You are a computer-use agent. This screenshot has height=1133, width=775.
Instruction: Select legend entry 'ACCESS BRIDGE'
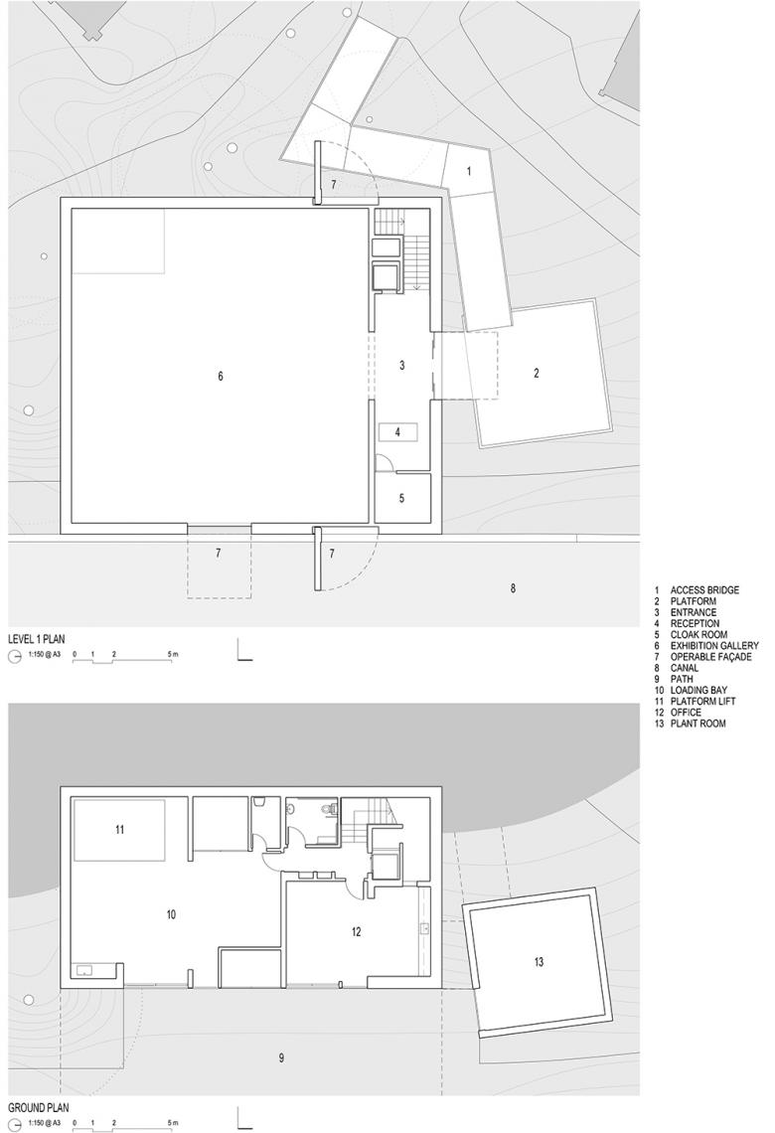704,590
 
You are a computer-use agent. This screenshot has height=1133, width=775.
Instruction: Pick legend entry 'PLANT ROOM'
697,724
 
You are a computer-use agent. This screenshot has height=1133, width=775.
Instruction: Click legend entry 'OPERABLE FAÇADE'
710,657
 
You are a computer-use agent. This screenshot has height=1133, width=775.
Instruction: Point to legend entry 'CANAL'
684,668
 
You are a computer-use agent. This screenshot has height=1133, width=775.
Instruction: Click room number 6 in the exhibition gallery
221,376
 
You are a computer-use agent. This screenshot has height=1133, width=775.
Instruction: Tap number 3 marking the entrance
402,366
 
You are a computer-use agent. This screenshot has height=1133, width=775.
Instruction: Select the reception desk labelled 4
398,432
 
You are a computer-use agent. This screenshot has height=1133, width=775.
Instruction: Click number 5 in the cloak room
401,499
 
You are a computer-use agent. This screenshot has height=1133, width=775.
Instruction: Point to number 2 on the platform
536,374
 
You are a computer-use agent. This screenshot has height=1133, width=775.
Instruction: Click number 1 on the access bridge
469,171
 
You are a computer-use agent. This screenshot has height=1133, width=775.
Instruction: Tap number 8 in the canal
513,588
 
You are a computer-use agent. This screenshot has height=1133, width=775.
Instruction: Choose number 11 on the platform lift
120,830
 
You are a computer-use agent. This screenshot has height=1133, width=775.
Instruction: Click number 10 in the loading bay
171,914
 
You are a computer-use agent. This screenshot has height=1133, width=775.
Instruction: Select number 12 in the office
356,932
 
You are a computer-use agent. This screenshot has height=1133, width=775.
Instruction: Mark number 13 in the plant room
539,962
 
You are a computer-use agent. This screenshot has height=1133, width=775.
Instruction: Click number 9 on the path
281,1057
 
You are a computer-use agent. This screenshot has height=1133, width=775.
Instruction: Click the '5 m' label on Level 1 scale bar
173,654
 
